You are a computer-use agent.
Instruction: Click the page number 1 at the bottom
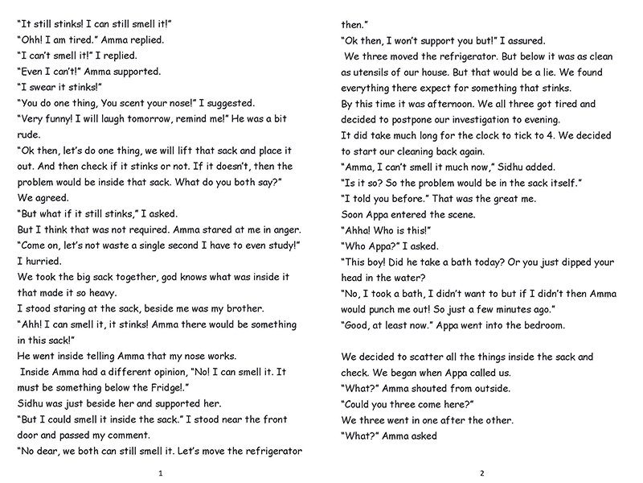click(162, 472)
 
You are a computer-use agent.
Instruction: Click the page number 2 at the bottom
click(481, 472)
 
